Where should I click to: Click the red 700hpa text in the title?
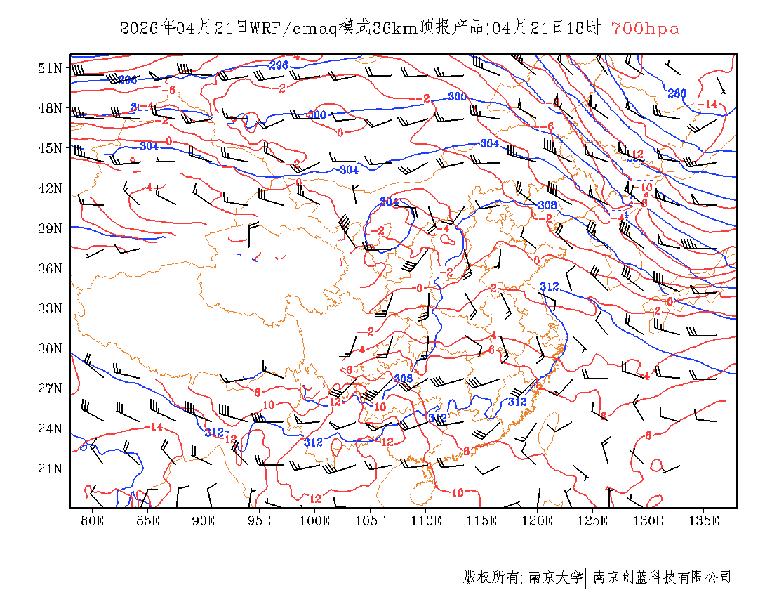[x=645, y=29]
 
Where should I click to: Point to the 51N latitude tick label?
[x=51, y=68]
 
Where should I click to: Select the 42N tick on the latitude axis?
[x=51, y=188]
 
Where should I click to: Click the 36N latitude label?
[x=51, y=268]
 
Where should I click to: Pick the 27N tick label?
[x=51, y=388]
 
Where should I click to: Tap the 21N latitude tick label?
[x=51, y=468]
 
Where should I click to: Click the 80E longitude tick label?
[x=93, y=520]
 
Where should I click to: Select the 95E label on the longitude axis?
[x=260, y=520]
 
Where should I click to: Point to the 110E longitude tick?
[x=426, y=520]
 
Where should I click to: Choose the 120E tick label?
[x=538, y=520]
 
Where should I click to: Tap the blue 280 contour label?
[x=677, y=93]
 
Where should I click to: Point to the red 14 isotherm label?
[x=157, y=427]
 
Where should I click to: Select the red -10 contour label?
[x=645, y=187]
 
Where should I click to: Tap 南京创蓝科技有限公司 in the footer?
[x=662, y=577]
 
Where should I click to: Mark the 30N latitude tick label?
[x=51, y=348]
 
